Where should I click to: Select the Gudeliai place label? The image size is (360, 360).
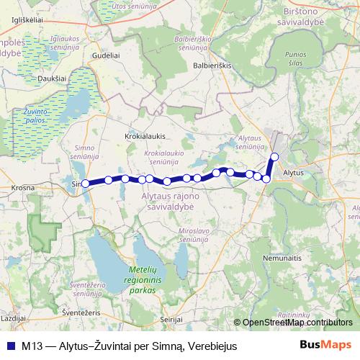pyautogui.click(x=105, y=55)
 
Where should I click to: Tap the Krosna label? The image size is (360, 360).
pyautogui.click(x=24, y=186)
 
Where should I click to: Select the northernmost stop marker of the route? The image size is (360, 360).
pyautogui.click(x=274, y=157)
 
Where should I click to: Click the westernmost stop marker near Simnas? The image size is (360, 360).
pyautogui.click(x=85, y=184)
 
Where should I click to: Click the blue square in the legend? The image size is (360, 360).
pyautogui.click(x=9, y=346)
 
